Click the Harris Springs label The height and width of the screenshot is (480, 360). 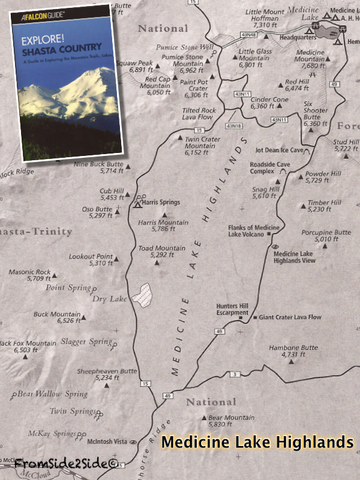(162, 202)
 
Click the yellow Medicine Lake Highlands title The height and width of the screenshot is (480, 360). (257, 442)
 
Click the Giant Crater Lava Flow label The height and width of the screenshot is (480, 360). (290, 317)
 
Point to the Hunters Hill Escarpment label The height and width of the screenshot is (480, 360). (232, 308)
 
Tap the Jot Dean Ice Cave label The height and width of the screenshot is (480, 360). (279, 150)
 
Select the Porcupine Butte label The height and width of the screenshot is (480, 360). (326, 235)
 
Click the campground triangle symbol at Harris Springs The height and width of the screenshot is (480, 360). (137, 205)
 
